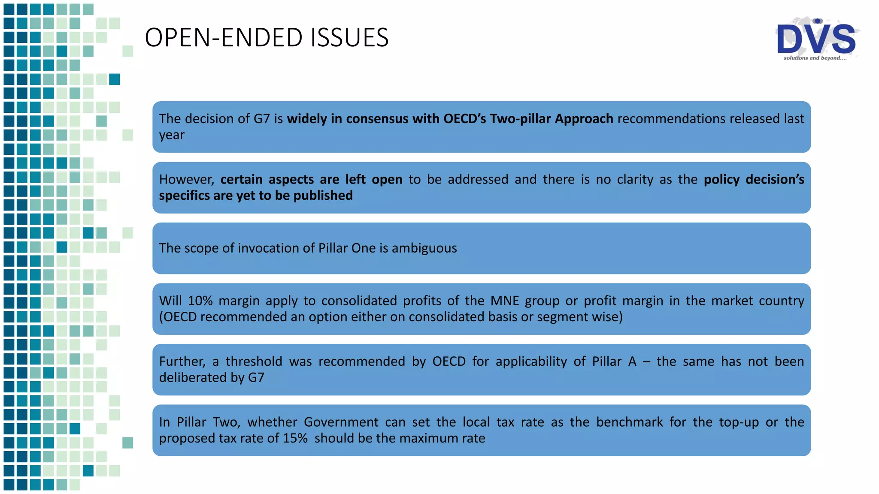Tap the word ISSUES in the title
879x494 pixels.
pos(349,38)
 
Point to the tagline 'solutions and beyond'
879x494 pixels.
pos(815,58)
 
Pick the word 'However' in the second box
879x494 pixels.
pos(186,180)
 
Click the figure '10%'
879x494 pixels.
pos(200,301)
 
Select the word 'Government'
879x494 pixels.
pos(341,422)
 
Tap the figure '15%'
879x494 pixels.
pos(295,438)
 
